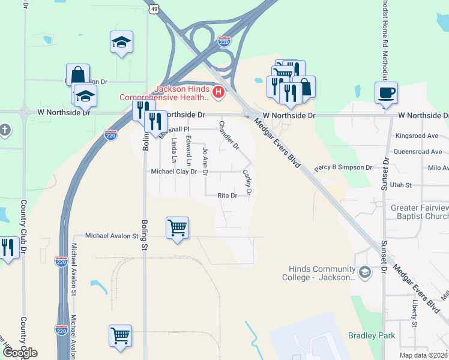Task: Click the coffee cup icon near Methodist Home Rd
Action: point(386,92)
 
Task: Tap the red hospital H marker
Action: point(218,92)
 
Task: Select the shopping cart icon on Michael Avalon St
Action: point(177,228)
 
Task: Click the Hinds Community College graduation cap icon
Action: point(364,273)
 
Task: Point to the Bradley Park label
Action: point(372,335)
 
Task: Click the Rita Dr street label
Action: point(228,196)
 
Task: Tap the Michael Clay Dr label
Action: point(174,172)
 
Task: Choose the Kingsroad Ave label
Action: point(417,136)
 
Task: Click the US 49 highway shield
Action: point(154,9)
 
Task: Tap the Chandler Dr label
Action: point(229,135)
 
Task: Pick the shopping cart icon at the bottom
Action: point(121,335)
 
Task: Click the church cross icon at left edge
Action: point(4,130)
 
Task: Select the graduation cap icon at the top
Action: point(121,42)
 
